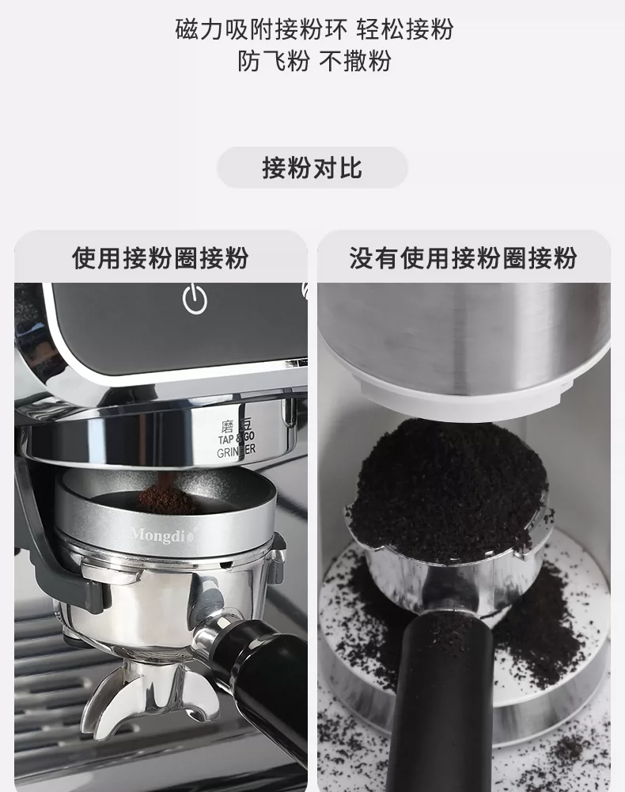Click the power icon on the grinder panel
pos(195,299)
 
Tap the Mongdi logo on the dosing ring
pos(161,535)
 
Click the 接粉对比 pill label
pos(312,168)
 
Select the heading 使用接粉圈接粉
pos(161,258)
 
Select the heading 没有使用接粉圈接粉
pos(463,258)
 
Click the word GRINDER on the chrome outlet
pos(236,451)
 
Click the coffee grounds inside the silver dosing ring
pos(165,498)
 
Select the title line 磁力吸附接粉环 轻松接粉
pos(314,29)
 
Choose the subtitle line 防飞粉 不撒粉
pos(314,61)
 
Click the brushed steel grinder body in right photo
pos(464,333)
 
